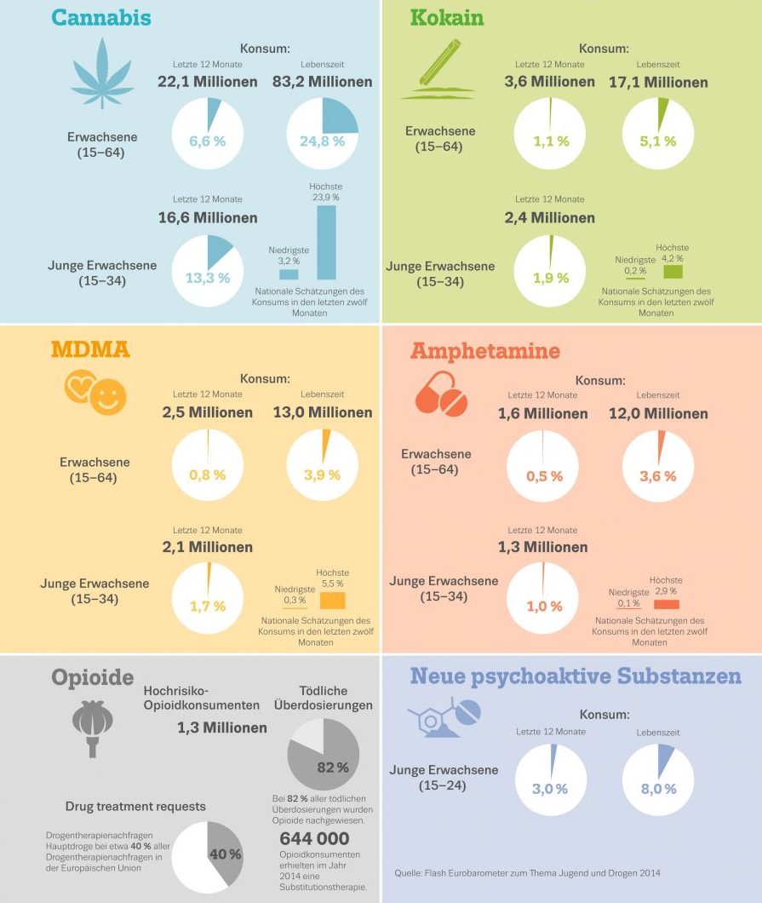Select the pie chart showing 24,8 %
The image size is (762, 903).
pyautogui.click(x=323, y=134)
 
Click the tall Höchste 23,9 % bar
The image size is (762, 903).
pyautogui.click(x=327, y=242)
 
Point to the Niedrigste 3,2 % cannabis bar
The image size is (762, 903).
pyautogui.click(x=289, y=274)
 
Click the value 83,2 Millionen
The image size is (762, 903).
pyautogui.click(x=323, y=82)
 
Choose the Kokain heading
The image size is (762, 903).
pyautogui.click(x=447, y=18)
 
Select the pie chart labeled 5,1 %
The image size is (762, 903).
pyautogui.click(x=658, y=134)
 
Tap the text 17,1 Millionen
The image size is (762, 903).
pyautogui.click(x=658, y=83)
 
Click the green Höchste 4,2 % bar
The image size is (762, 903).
pyautogui.click(x=673, y=272)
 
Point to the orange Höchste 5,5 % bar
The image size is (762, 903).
pyautogui.click(x=331, y=601)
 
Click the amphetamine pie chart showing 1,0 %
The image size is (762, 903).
pyautogui.click(x=543, y=599)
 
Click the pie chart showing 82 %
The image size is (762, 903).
pyautogui.click(x=324, y=753)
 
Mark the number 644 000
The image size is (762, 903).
pyautogui.click(x=314, y=839)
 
